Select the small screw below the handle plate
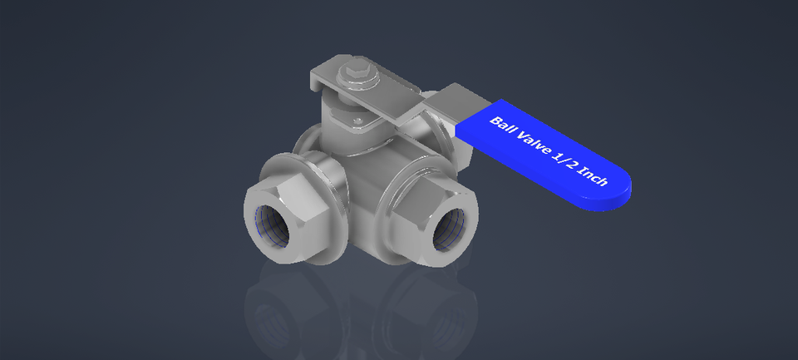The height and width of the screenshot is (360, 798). (359, 121)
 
